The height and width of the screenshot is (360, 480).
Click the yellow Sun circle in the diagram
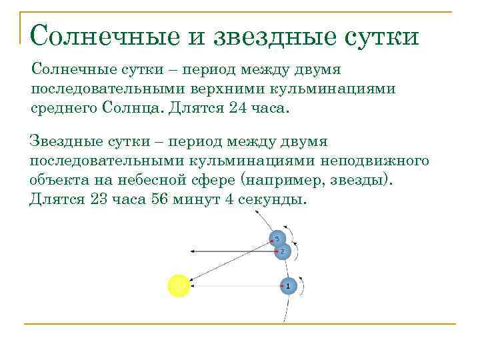(x=179, y=285)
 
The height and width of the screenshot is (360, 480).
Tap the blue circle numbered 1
(x=288, y=285)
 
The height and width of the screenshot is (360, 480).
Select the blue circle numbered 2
(x=282, y=251)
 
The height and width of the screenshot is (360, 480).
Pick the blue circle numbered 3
(x=277, y=238)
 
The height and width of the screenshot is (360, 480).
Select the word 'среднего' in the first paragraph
(x=59, y=109)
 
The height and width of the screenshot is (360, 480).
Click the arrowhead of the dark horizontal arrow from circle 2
(x=192, y=251)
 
